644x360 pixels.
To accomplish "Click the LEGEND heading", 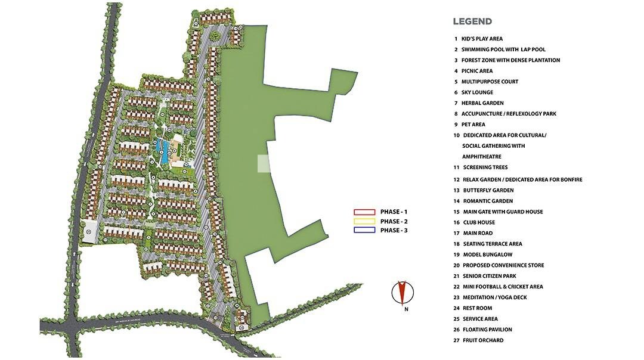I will click(472, 21).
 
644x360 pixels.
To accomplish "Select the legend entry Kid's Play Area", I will click(482, 39).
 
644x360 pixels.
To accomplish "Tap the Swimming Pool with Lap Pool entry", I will click(503, 49).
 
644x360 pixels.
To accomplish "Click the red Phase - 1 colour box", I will click(363, 212).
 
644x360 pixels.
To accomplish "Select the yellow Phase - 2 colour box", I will click(363, 221).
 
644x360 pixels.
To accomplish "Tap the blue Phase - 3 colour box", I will click(363, 230).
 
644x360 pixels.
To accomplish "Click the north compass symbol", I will click(402, 293).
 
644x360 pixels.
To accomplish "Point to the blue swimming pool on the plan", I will click(163, 151).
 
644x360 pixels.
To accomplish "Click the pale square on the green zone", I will click(264, 164).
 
